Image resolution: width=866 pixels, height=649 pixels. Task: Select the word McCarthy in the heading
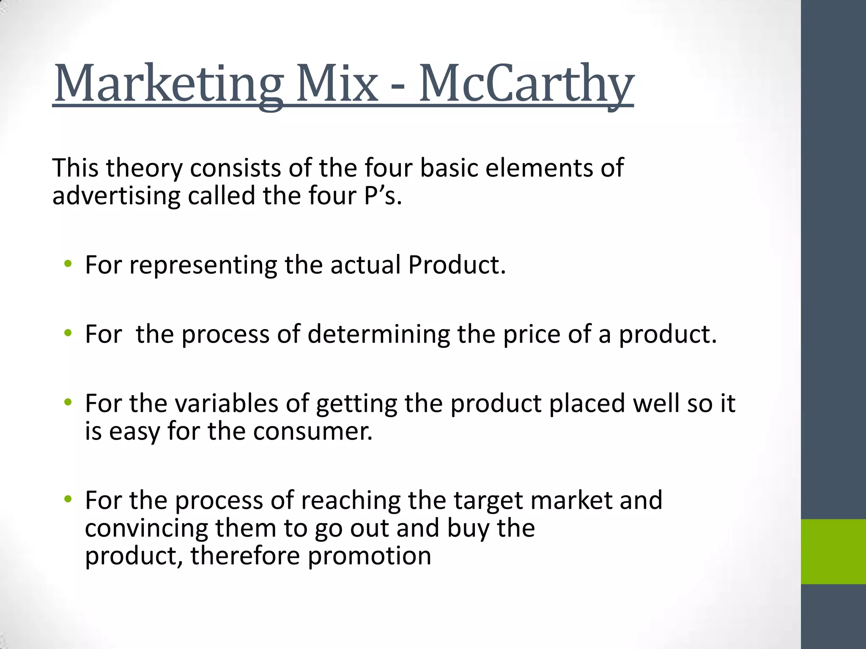526,83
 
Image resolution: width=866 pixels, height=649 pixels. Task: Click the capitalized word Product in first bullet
457,265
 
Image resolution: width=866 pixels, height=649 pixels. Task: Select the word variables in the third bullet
227,403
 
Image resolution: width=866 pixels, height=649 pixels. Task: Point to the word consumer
313,431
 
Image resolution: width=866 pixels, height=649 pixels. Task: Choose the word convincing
146,529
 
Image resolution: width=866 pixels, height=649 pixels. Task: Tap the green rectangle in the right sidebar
833,551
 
